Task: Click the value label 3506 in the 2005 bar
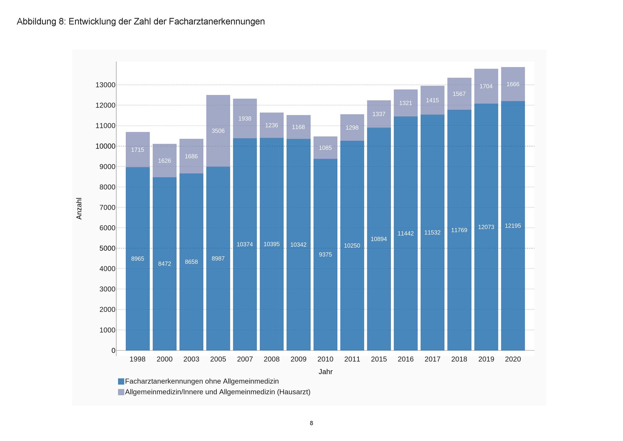click(x=218, y=131)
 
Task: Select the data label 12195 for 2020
click(x=513, y=226)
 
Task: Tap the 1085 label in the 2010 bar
click(x=325, y=148)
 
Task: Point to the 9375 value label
click(x=325, y=254)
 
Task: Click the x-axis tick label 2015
click(x=379, y=359)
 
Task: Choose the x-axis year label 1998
click(x=137, y=359)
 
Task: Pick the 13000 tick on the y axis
click(x=105, y=85)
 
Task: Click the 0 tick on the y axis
click(x=113, y=351)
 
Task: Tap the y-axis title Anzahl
click(x=79, y=208)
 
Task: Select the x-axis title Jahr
click(x=326, y=372)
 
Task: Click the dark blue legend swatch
click(x=121, y=381)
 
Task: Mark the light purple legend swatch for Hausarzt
click(x=121, y=392)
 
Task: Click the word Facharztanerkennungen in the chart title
click(x=217, y=22)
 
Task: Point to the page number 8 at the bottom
click(x=311, y=423)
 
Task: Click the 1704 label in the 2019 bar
click(x=486, y=86)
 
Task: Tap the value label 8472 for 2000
click(x=164, y=264)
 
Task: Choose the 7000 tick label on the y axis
click(x=107, y=207)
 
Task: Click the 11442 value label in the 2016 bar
click(x=406, y=234)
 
